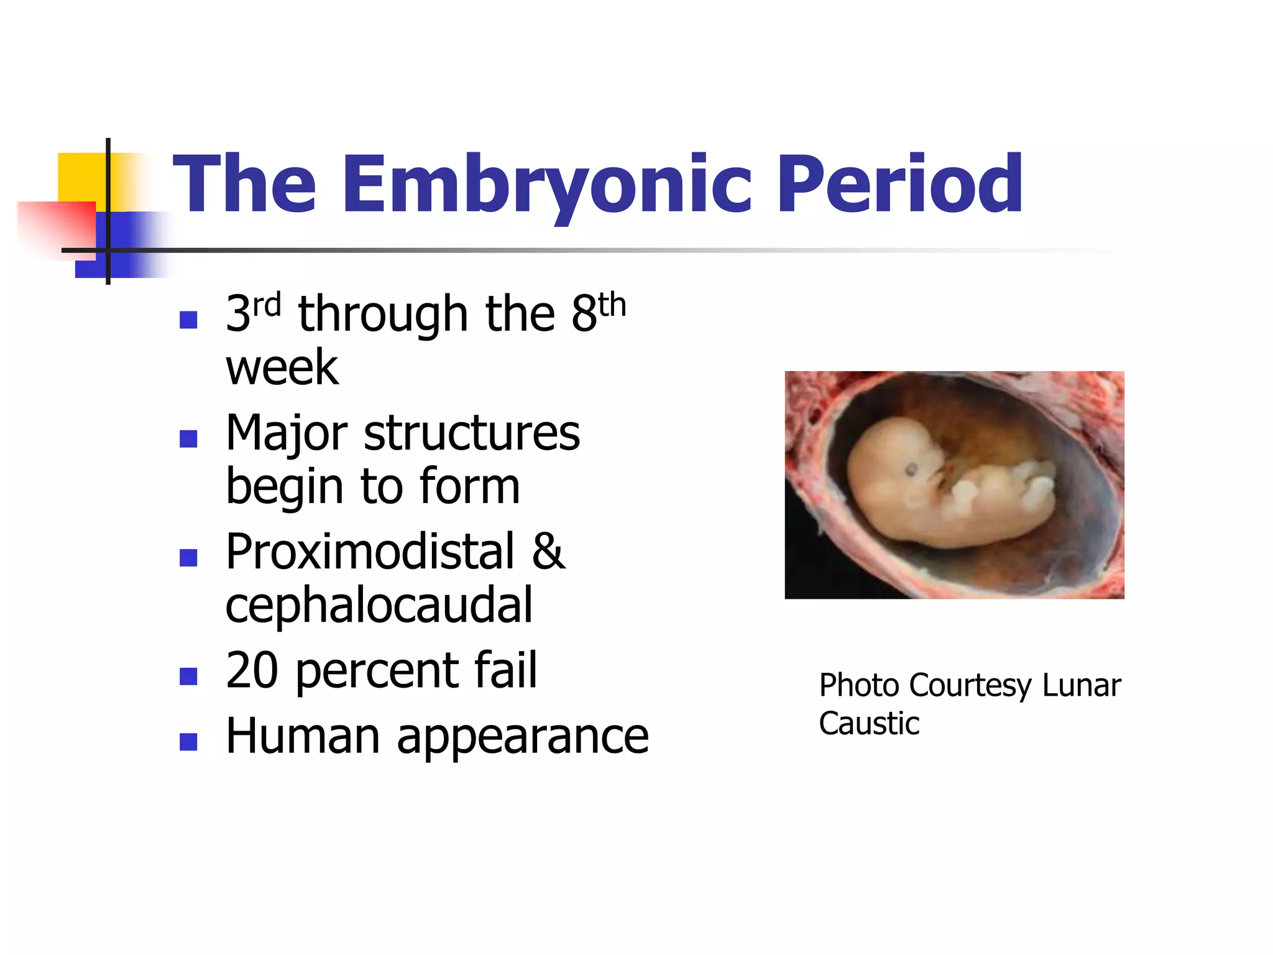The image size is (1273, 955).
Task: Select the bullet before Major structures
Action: (x=188, y=438)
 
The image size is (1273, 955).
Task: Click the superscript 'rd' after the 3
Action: (x=267, y=305)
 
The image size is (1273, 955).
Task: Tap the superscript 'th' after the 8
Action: (x=612, y=305)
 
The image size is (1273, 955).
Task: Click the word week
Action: (x=282, y=368)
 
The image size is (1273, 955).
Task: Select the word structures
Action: (x=471, y=433)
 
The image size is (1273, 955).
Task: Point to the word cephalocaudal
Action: (x=379, y=605)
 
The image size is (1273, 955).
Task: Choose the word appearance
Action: (x=523, y=737)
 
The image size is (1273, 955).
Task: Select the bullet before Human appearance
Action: (x=188, y=741)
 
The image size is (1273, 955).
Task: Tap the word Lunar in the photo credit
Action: (x=1081, y=686)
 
